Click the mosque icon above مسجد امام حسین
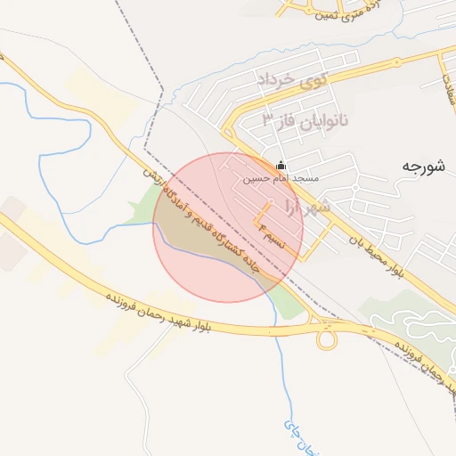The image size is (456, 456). [282, 165]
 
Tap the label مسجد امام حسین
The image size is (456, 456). [281, 178]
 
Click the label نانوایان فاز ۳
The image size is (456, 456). [305, 118]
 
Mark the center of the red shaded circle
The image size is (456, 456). [228, 227]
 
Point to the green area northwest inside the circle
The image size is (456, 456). [169, 214]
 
